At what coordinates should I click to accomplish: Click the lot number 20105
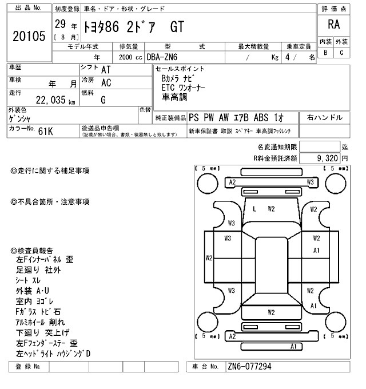28,37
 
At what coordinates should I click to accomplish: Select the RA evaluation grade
333,26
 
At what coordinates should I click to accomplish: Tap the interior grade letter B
325,53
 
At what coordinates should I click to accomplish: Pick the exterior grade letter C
341,53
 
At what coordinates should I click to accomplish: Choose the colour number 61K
45,131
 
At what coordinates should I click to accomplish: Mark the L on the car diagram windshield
254,209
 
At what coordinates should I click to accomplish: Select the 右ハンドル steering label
325,117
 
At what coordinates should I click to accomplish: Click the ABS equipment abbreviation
261,117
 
